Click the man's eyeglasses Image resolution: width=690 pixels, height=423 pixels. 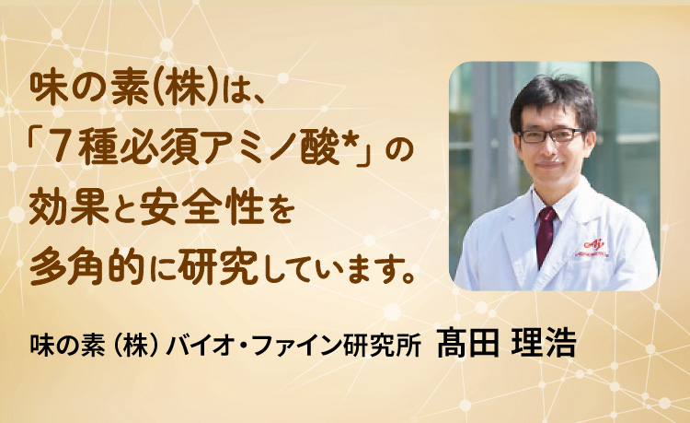[x=550, y=135]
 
